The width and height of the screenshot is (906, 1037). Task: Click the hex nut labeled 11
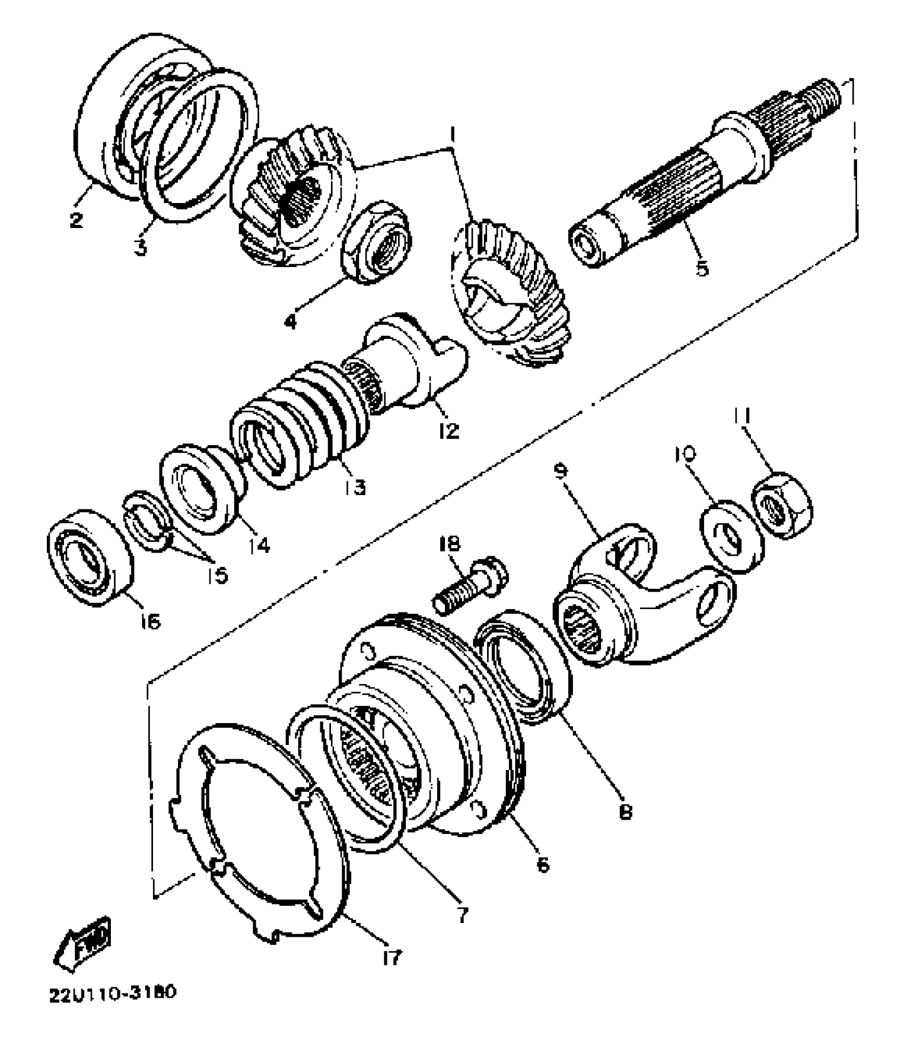point(781,504)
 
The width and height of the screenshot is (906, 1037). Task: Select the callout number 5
point(702,268)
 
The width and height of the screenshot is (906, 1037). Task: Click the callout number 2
point(76,219)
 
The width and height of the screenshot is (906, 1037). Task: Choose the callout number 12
point(449,431)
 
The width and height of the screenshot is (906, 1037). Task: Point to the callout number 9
point(561,471)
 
